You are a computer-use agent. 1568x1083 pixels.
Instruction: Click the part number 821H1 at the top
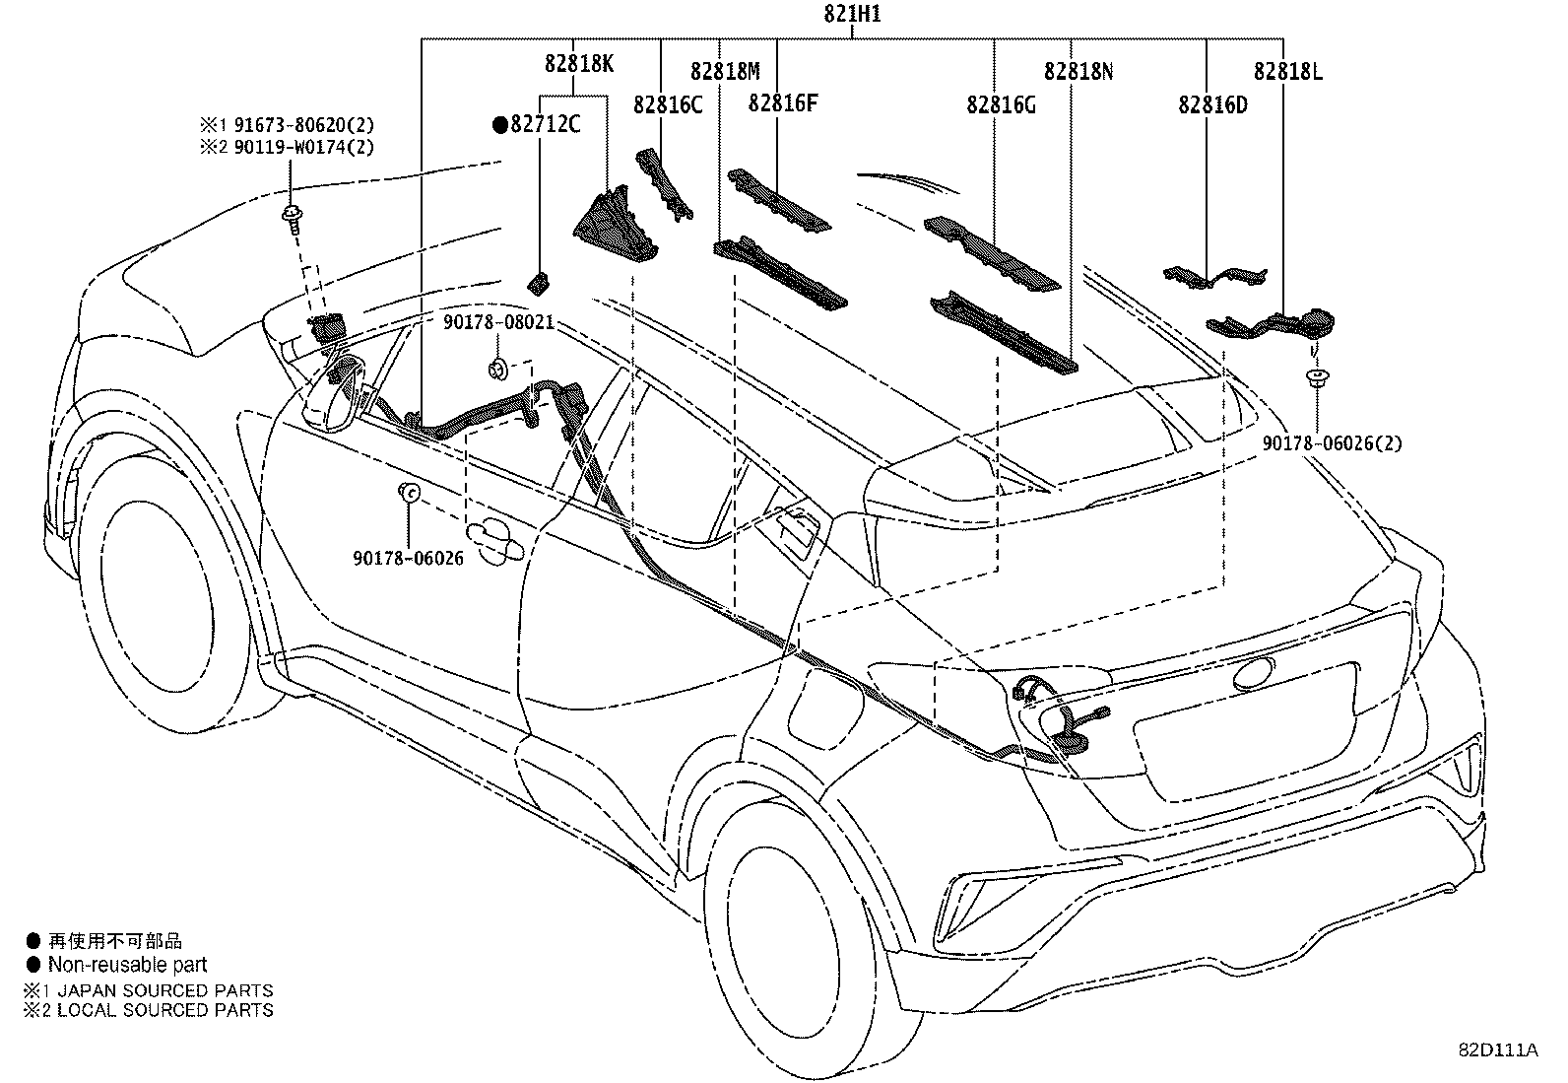coord(853,15)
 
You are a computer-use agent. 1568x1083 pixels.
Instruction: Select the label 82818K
coord(579,63)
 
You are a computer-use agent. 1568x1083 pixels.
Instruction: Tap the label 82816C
coord(668,103)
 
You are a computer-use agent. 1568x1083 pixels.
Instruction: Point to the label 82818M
coord(725,71)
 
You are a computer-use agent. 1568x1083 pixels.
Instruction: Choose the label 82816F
coord(783,103)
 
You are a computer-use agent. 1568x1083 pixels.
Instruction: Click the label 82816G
coord(1001,103)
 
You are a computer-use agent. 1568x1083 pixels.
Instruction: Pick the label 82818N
coord(1078,71)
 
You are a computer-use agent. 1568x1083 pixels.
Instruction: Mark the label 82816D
coord(1212,103)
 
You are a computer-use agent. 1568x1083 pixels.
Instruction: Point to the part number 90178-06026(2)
coord(1333,443)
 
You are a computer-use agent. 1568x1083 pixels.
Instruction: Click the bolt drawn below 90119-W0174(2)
coord(293,216)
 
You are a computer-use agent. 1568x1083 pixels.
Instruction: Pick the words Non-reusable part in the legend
coord(128,965)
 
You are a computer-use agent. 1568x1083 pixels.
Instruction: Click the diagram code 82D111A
coord(1498,1050)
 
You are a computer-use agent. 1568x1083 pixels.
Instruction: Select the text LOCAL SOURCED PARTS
coord(165,1009)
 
